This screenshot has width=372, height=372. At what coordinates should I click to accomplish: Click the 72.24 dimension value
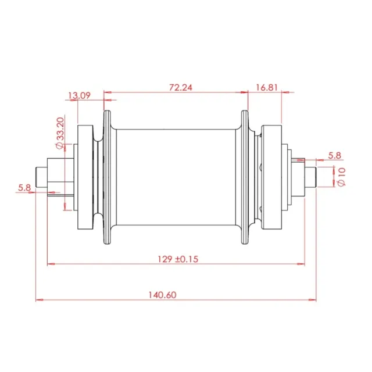[x=181, y=88]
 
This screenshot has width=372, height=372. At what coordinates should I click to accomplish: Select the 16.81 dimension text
[x=267, y=88]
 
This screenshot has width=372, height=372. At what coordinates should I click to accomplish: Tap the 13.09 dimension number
[x=80, y=95]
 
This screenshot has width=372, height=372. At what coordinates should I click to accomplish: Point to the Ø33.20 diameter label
[x=60, y=133]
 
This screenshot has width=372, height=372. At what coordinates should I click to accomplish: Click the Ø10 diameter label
[x=341, y=177]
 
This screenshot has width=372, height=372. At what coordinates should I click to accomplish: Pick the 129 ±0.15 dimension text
[x=178, y=259]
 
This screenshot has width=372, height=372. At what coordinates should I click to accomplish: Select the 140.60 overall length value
[x=163, y=295]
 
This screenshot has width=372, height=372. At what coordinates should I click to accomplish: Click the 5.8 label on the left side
[x=24, y=188]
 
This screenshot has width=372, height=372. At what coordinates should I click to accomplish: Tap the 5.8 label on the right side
[x=335, y=156]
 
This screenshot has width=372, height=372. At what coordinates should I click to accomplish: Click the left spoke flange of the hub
[x=107, y=177]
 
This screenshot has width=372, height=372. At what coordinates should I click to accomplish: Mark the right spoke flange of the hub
[x=245, y=177]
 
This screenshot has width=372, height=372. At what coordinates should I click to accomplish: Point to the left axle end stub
[x=41, y=177]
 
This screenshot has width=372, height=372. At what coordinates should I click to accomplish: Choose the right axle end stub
[x=310, y=177]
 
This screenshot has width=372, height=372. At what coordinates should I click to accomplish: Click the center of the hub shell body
[x=176, y=177]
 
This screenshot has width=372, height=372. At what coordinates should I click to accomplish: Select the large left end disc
[x=85, y=177]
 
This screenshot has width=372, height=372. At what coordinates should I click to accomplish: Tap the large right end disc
[x=271, y=177]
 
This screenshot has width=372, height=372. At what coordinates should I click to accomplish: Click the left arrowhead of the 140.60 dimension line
[x=40, y=300]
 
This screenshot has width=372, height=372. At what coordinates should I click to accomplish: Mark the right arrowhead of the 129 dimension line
[x=301, y=264]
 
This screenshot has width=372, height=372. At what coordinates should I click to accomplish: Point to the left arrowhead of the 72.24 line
[x=108, y=92]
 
